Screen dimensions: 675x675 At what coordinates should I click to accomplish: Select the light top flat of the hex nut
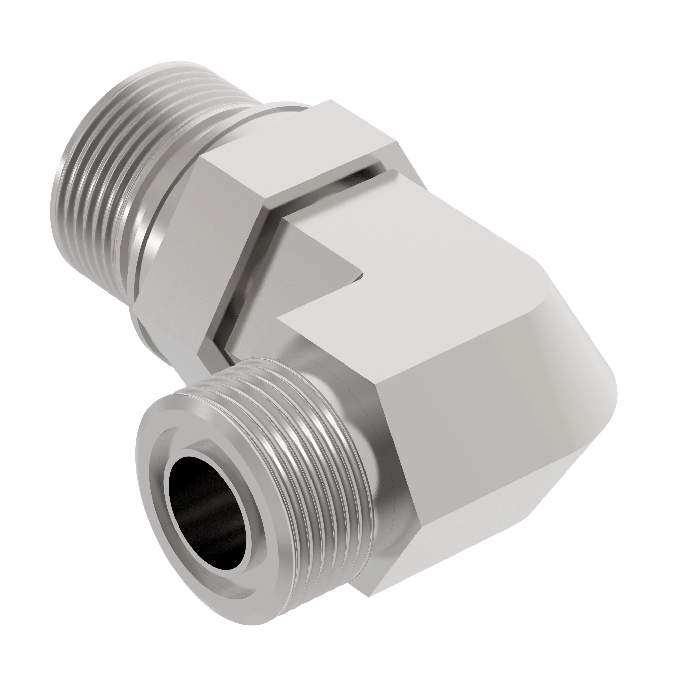click(297, 154)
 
